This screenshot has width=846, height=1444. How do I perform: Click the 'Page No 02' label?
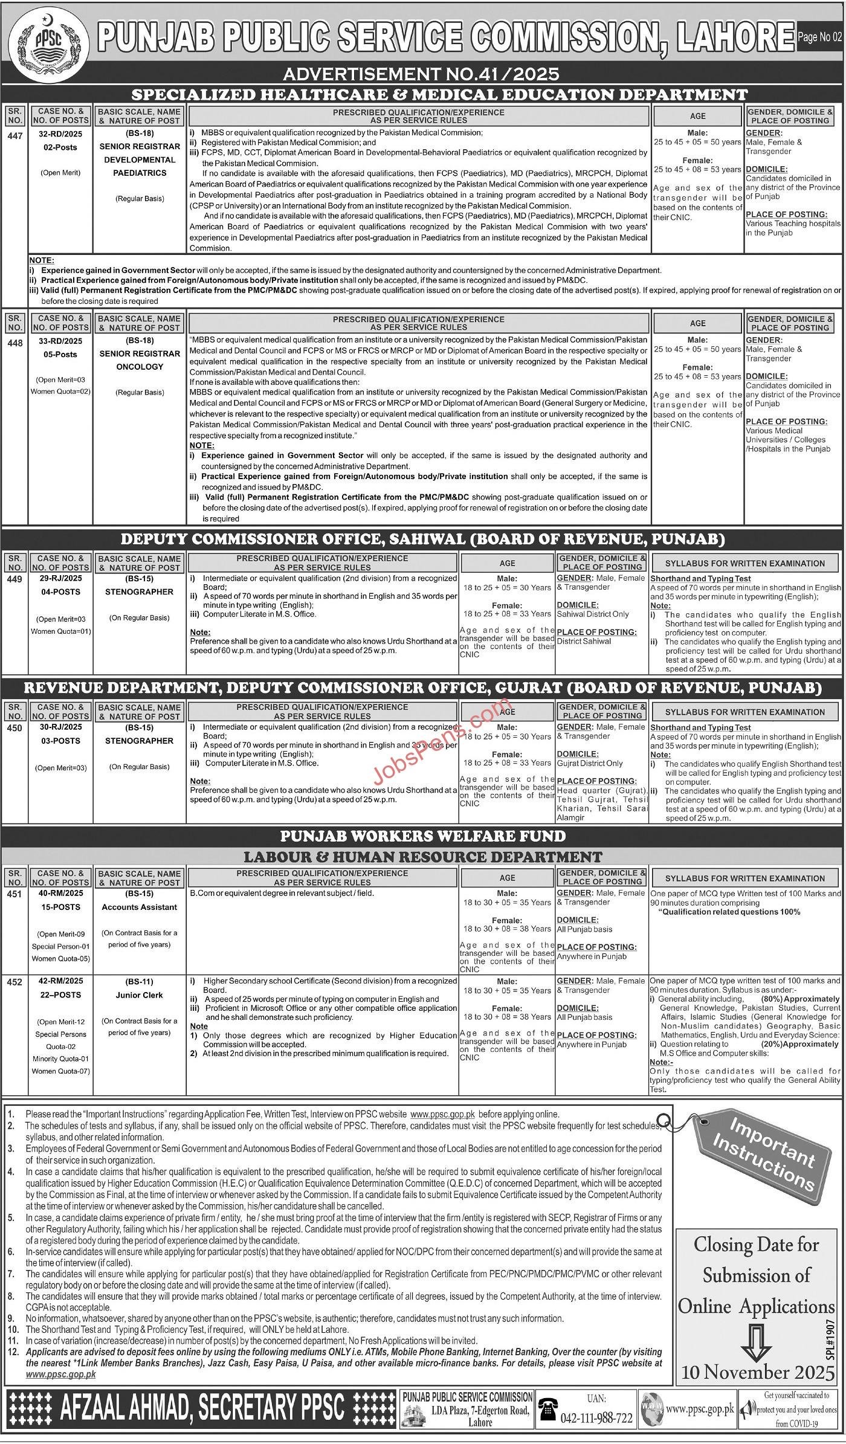click(x=819, y=37)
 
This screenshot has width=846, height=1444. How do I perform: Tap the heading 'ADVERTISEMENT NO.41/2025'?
click(x=421, y=74)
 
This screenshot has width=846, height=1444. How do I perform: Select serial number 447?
click(x=15, y=136)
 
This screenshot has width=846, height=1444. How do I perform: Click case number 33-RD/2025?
click(x=60, y=341)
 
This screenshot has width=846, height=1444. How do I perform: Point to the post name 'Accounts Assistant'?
click(x=140, y=907)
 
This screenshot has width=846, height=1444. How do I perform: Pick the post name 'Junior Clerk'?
click(x=140, y=995)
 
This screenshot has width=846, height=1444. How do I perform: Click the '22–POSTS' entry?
click(x=60, y=994)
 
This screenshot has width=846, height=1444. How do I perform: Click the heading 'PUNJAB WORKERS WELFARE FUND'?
click(x=423, y=836)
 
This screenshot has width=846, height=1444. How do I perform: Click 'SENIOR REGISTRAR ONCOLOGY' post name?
click(x=140, y=360)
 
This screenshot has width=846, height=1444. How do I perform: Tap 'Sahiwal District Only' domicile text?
click(x=593, y=614)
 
